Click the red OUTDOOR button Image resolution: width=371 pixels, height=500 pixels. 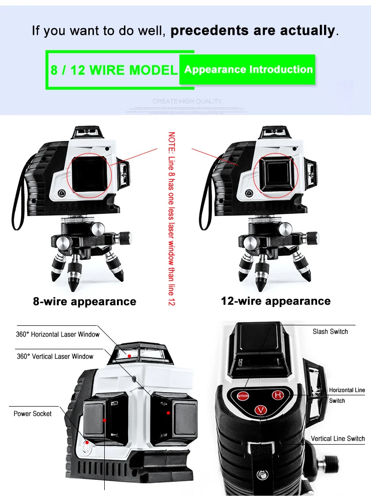(243, 395)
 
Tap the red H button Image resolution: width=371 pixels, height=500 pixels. (278, 395)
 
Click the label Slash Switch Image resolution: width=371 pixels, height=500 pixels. (330, 331)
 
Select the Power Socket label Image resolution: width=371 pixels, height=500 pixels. (32, 414)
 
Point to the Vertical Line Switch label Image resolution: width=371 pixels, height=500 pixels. (338, 438)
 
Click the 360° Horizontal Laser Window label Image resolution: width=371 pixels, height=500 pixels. (58, 334)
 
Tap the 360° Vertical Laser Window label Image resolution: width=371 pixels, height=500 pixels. (55, 356)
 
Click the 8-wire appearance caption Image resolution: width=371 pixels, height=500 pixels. (85, 301)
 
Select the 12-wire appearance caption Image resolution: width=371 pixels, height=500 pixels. (276, 301)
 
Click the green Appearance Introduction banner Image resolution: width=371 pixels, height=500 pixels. (248, 69)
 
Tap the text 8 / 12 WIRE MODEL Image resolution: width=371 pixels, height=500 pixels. (114, 70)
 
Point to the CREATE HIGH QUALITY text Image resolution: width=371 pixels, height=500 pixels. (187, 101)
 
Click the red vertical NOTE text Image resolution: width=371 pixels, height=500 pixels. (171, 218)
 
